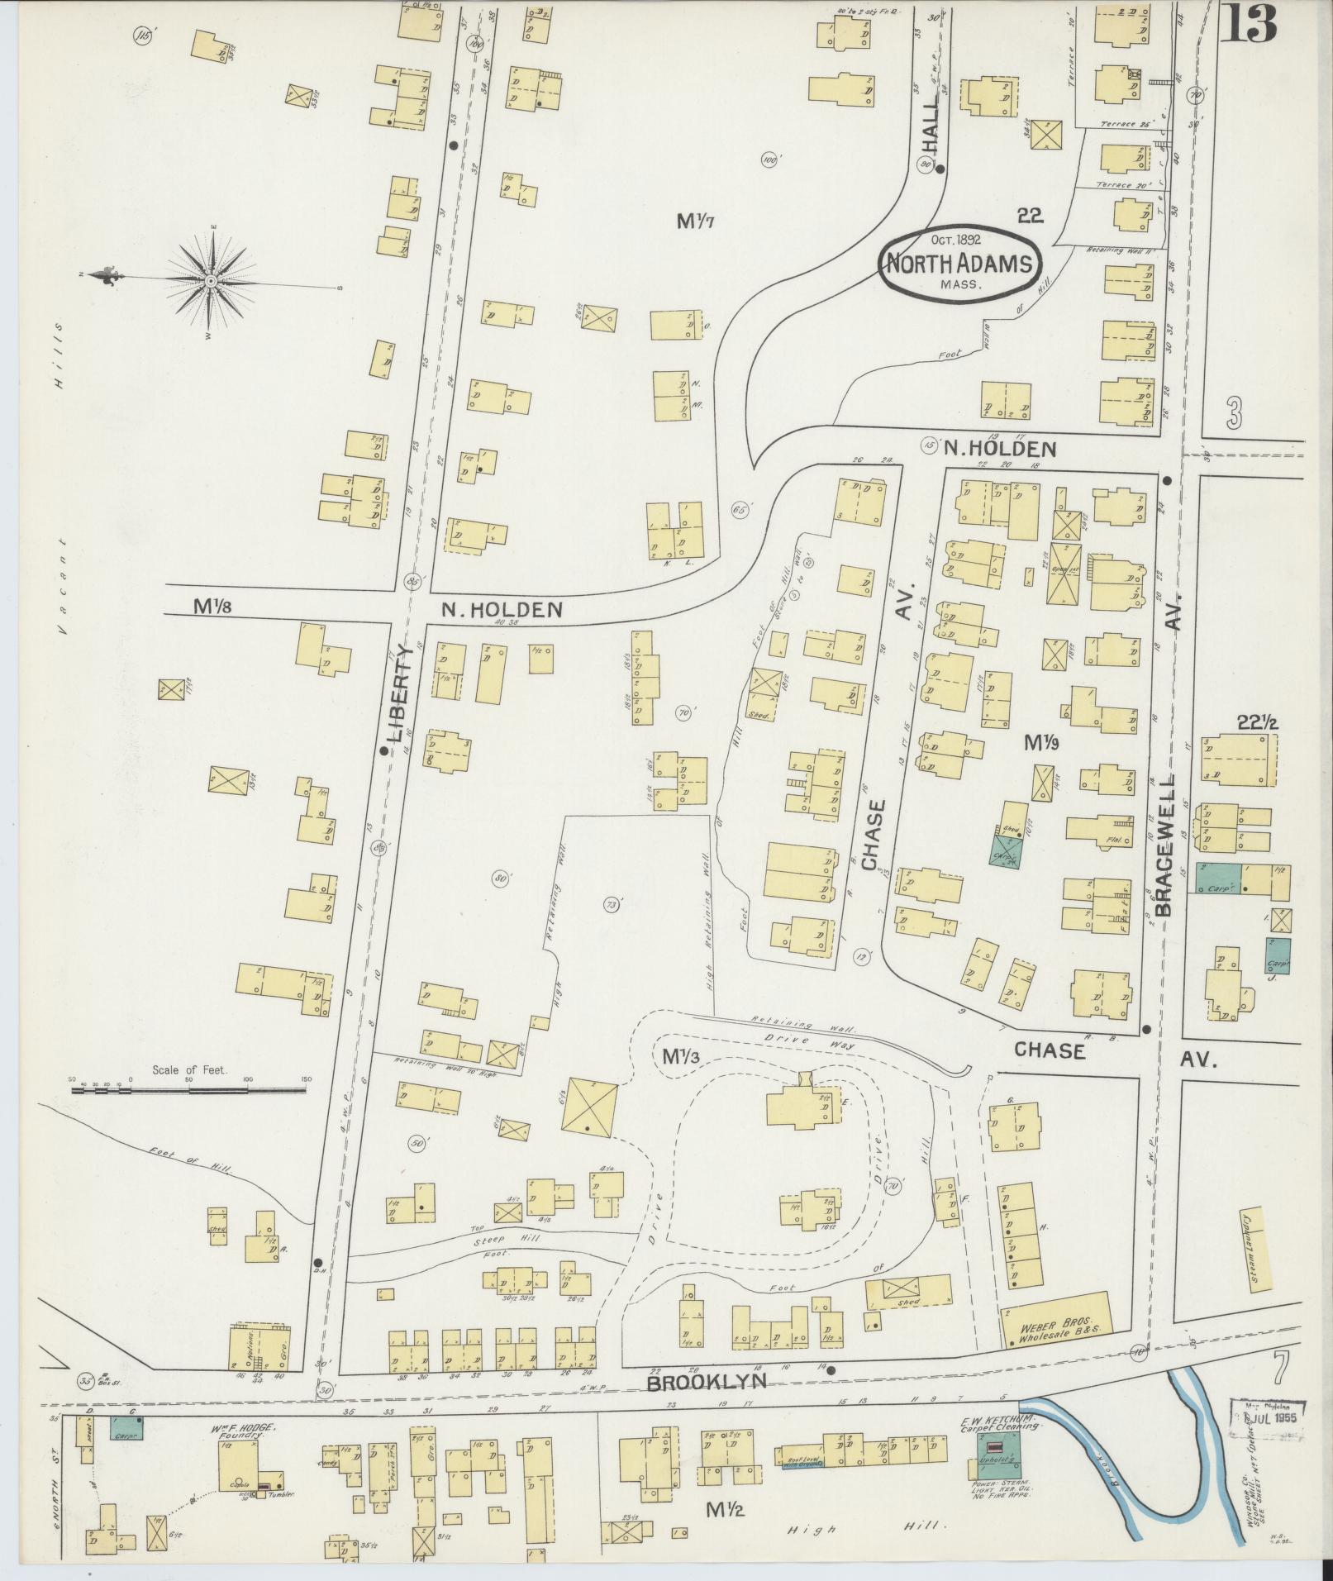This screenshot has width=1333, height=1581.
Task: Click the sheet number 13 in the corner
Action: coord(1249,25)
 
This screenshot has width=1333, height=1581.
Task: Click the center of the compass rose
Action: coord(212,282)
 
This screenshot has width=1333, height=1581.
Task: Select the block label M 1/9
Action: coord(1042,743)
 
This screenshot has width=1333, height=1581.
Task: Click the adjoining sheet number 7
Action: coord(1279,1370)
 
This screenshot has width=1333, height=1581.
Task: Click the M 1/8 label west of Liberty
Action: coord(212,606)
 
